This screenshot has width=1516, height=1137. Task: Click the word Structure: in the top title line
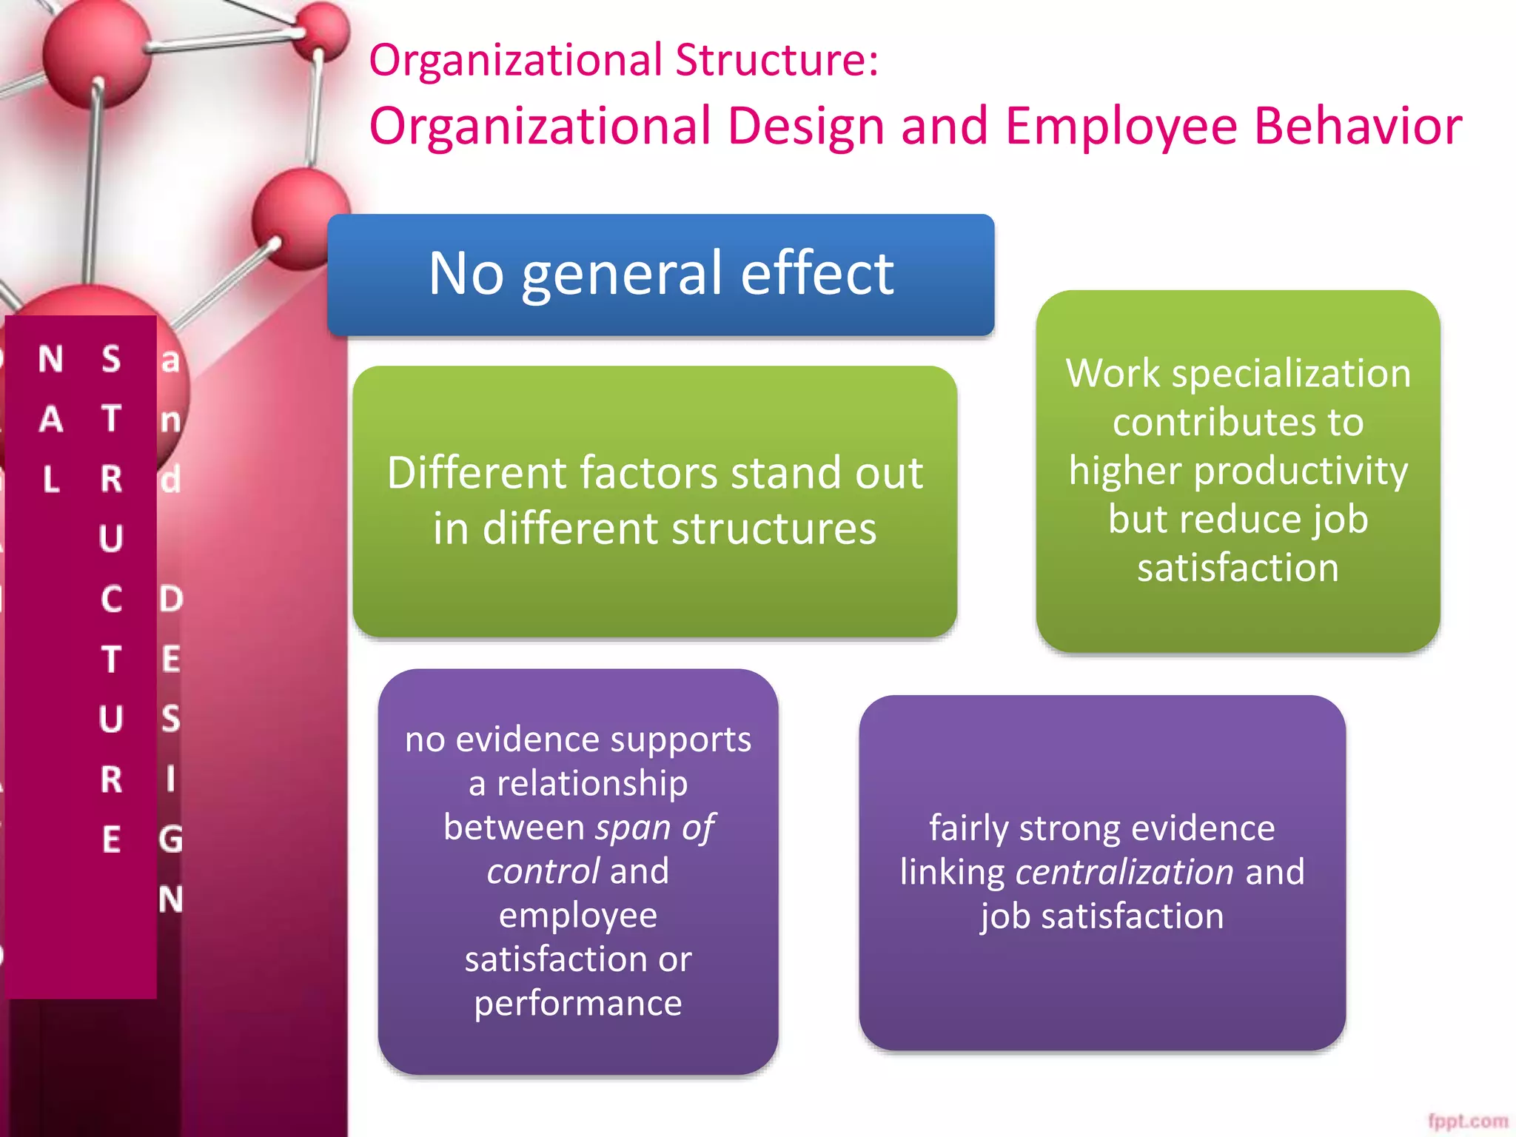tap(777, 60)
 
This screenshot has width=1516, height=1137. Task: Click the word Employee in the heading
tap(1121, 126)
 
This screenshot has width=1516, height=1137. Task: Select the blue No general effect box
tap(660, 275)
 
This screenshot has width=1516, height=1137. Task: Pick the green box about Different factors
tap(654, 501)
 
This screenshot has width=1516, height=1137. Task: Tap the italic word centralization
tap(1124, 872)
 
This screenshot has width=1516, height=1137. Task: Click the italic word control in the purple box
tap(543, 871)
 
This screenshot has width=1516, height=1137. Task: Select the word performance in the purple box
tap(577, 1004)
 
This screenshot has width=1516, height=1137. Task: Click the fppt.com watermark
tap(1467, 1121)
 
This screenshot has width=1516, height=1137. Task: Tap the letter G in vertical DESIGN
tap(171, 839)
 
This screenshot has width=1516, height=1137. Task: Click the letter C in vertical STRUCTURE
tap(111, 599)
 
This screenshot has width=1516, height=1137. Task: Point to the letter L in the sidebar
tap(51, 480)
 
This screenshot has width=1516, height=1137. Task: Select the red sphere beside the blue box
tap(300, 218)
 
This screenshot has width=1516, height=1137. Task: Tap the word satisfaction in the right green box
tap(1238, 568)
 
